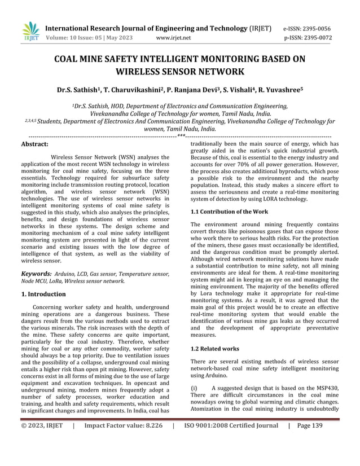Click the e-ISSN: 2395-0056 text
pyautogui.click(x=308, y=28)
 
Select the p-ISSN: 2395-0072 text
pyautogui.click(x=308, y=38)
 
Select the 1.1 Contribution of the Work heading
pyautogui.click(x=229, y=211)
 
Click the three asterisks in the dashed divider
pyautogui.click(x=181, y=135)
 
